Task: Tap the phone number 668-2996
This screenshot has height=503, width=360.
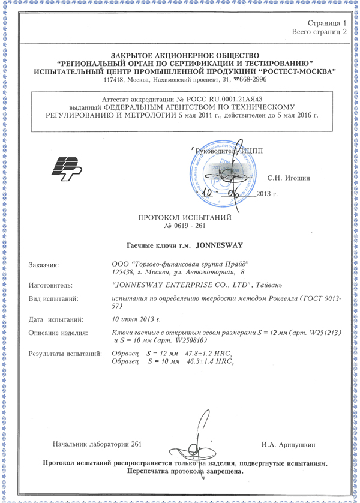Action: (x=244, y=80)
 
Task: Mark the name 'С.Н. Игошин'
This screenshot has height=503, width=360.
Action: (x=288, y=179)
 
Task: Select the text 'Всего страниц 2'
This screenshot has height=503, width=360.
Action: (x=319, y=31)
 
